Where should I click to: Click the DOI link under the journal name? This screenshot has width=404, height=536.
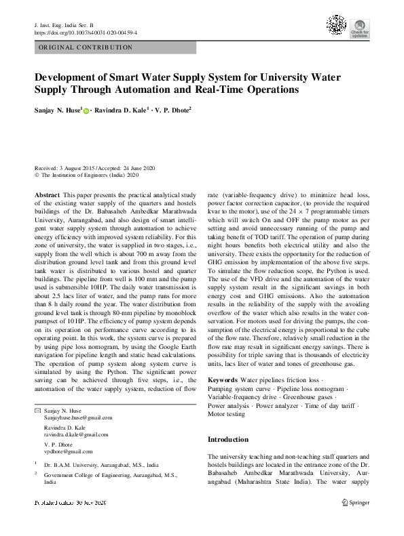[x=85, y=32]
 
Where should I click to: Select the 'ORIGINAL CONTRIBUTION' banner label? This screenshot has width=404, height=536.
[x=86, y=47]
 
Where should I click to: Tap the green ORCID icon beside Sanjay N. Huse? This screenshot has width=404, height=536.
[x=86, y=108]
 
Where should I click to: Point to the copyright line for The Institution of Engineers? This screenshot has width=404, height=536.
[x=86, y=175]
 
